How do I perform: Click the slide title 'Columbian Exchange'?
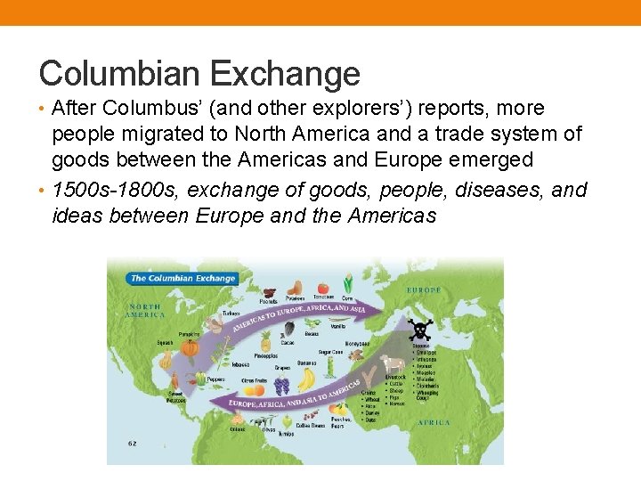[199, 73]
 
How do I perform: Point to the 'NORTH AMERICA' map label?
[144, 311]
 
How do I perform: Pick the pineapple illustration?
[266, 341]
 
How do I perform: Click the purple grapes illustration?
[282, 386]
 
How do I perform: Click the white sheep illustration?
[392, 364]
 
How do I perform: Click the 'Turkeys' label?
[231, 314]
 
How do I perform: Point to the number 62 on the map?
[132, 442]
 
